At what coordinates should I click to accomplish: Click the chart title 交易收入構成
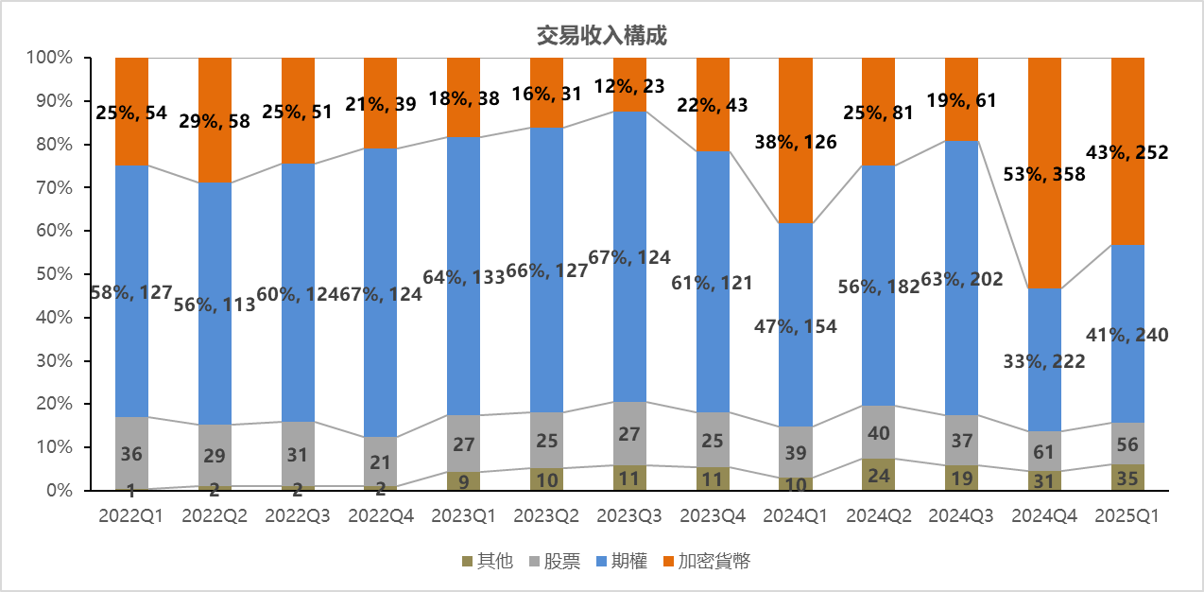601,36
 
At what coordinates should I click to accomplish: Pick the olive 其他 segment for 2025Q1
1127,478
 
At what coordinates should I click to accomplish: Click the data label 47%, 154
796,326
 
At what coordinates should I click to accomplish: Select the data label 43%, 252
1127,152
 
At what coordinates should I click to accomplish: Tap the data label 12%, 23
630,84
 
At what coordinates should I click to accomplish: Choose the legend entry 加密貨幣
706,561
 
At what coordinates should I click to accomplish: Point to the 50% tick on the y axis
53,274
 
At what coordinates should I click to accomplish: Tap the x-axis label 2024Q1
796,516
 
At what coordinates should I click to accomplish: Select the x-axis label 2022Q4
380,516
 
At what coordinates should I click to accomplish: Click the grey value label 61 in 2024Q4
1044,451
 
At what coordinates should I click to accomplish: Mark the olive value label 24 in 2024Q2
879,476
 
